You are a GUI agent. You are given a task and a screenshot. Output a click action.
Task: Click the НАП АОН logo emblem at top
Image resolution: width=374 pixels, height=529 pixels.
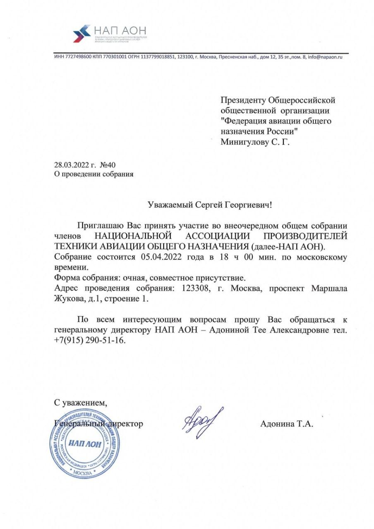pyautogui.click(x=82, y=33)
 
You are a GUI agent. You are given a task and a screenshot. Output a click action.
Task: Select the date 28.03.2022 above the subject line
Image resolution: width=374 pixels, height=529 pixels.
pyautogui.click(x=71, y=165)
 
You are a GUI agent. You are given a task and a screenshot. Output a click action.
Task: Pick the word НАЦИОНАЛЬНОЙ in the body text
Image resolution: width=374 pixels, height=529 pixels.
pyautogui.click(x=133, y=236)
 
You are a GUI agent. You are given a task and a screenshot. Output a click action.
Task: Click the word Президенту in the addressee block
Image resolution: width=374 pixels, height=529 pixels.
pyautogui.click(x=243, y=100)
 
